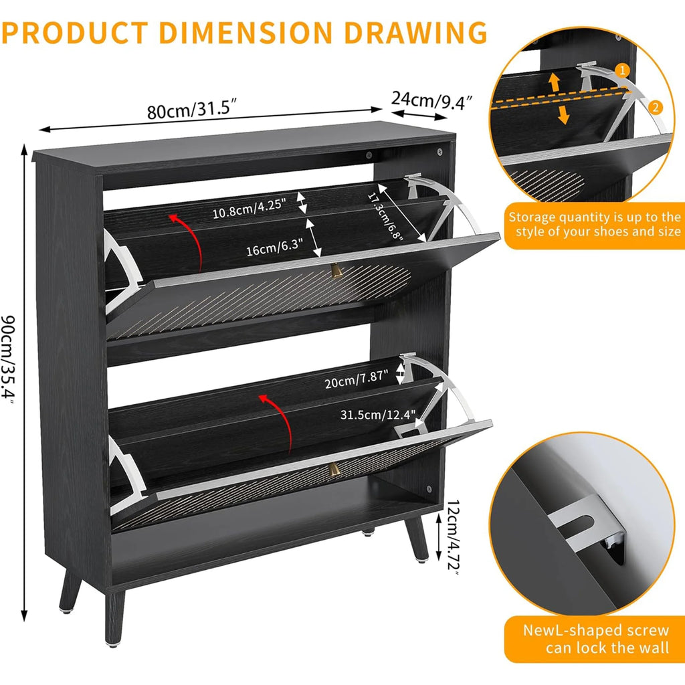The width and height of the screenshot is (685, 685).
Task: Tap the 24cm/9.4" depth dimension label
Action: (x=431, y=100)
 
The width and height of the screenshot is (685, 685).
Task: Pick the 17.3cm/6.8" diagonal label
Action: (x=385, y=216)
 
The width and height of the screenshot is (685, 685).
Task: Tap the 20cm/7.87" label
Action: (x=356, y=379)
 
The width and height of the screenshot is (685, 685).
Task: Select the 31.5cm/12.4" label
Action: (x=378, y=415)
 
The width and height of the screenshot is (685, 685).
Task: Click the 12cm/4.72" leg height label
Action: (x=453, y=537)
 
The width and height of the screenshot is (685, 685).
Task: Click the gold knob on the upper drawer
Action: (x=335, y=271)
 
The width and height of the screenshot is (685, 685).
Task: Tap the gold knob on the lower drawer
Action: (x=334, y=469)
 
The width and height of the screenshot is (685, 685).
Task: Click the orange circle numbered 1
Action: (x=622, y=71)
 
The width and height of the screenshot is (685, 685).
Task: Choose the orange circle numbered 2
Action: (x=656, y=108)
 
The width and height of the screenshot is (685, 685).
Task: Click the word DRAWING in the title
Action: (x=415, y=33)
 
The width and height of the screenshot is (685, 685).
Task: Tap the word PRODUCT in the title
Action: (x=75, y=33)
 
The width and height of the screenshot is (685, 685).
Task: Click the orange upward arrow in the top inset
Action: (x=555, y=82)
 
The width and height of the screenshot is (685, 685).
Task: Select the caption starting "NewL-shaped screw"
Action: (x=596, y=639)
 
